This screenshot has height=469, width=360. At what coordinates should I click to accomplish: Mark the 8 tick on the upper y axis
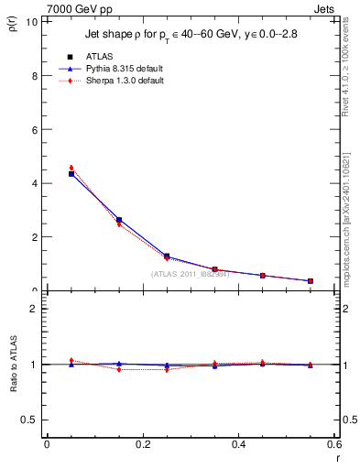coord(36,76)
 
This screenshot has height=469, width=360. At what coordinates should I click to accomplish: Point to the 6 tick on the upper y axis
coord(36,130)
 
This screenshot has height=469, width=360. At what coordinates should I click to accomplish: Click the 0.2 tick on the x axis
coord(143,445)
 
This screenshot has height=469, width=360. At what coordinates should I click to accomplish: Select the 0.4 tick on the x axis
coord(239,445)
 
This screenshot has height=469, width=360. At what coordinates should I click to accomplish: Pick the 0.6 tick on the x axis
coord(334,445)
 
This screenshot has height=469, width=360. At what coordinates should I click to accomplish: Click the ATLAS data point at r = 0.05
coord(71,174)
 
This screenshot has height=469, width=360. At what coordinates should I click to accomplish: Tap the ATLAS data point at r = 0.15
coord(119,220)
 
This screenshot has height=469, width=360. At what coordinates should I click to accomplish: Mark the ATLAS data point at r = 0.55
coord(311,280)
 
